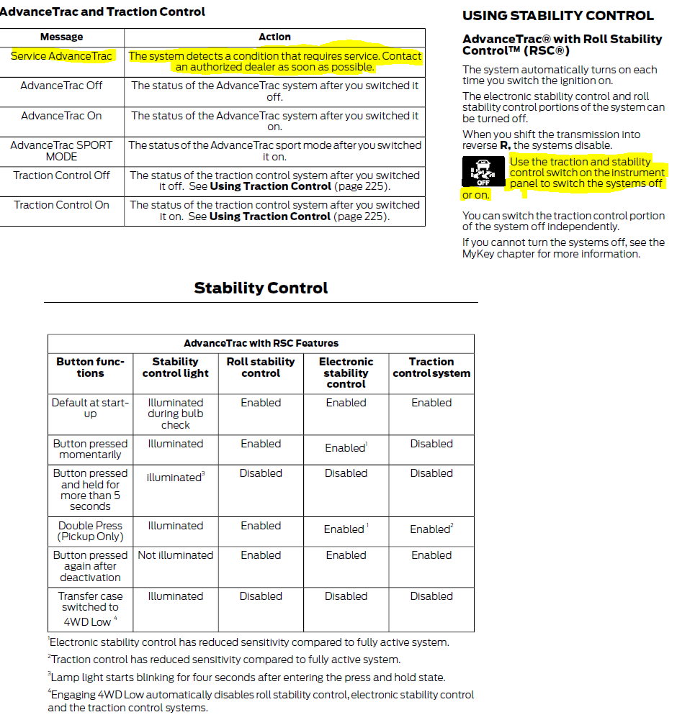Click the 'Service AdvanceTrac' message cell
coord(62,56)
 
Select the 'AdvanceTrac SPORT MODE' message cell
coord(62,150)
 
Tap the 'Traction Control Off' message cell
coord(62,175)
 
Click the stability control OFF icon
coord(483,172)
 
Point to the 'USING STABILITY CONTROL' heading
coord(558,16)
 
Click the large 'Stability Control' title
coord(261,288)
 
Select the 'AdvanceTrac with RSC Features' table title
coord(261,344)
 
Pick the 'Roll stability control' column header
coord(261,368)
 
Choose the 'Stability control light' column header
coord(175,368)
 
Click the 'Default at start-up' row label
coord(90,409)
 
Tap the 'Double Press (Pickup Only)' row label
coord(90,532)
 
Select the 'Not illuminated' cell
coord(175,555)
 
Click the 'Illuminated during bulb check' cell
coord(175,414)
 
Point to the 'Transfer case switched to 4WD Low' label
coord(90,608)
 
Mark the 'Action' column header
coord(274,37)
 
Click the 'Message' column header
coord(62,37)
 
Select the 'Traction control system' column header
coord(431,368)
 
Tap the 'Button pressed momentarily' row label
coord(90,450)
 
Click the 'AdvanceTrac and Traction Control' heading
coord(103,12)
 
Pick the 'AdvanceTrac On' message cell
coord(62,116)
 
